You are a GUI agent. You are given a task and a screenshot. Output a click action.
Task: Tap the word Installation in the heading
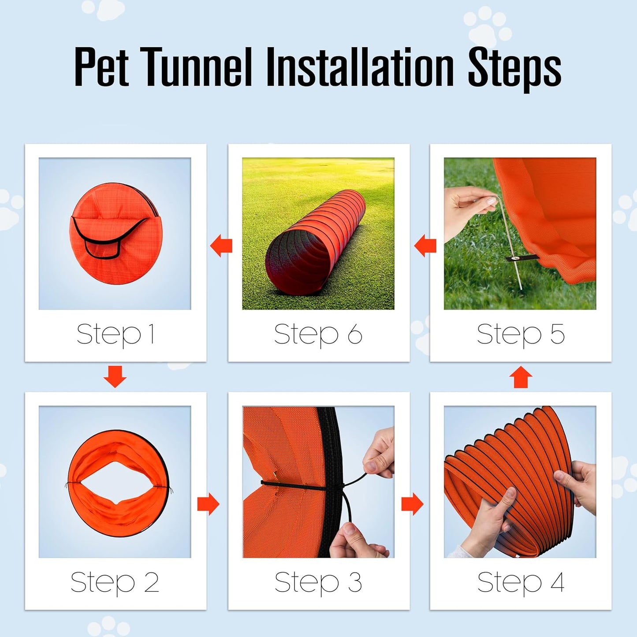point(360,67)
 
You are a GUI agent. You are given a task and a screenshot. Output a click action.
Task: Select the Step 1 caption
point(115,334)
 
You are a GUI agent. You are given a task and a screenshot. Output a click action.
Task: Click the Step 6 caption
point(318,334)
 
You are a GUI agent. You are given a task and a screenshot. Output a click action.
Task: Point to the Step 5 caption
point(520,334)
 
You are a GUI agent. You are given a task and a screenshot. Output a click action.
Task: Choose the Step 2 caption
point(115,582)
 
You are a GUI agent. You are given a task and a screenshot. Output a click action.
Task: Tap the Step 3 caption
point(318,582)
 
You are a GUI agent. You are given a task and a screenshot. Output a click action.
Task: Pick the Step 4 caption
point(520,582)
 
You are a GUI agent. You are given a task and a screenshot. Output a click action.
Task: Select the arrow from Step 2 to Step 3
point(208,504)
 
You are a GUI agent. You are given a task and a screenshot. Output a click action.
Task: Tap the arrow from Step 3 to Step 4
point(412,504)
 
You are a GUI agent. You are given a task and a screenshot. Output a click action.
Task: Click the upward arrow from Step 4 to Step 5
point(521,377)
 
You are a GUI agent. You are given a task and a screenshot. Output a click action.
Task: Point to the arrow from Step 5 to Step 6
point(425,246)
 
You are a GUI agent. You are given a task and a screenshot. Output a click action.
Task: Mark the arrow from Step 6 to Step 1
point(221,246)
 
